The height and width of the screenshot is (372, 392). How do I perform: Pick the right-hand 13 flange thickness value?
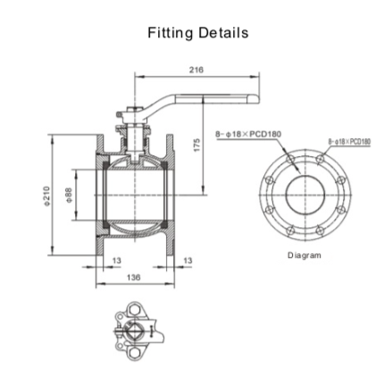click(x=186, y=260)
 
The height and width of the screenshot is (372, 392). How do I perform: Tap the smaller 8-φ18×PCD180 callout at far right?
click(x=349, y=142)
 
